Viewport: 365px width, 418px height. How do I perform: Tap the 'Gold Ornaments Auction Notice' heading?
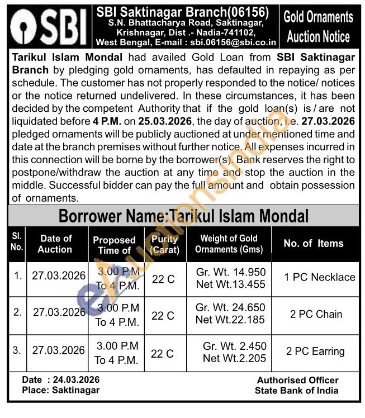[x=317, y=27]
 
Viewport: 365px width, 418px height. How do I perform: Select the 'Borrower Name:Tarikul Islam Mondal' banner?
[x=183, y=215]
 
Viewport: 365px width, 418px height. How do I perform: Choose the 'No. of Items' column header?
[x=314, y=244]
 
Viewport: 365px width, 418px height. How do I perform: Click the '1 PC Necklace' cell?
[x=319, y=277]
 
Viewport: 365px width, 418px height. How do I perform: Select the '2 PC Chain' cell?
[x=316, y=314]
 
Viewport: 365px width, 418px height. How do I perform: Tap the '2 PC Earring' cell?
[x=315, y=351]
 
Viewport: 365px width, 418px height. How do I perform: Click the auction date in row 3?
[x=59, y=351]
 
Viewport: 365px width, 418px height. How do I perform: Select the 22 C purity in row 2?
[x=163, y=316]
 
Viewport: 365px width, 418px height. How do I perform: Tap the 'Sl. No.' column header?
[x=17, y=244]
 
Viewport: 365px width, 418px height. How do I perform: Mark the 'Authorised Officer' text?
[x=297, y=380]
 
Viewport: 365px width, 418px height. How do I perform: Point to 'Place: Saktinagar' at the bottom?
[x=58, y=390]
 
